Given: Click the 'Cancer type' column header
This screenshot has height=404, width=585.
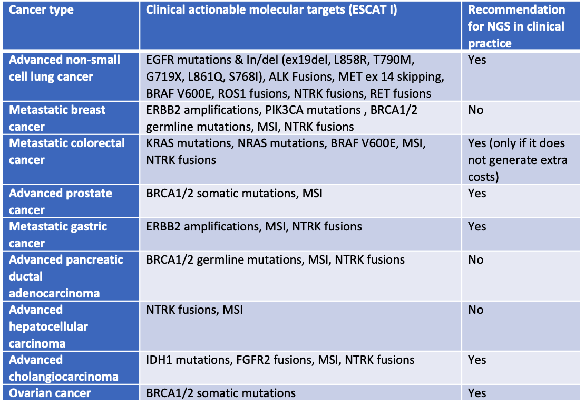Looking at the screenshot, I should (x=41, y=10).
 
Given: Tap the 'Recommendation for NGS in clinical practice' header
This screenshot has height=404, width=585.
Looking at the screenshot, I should (x=516, y=26).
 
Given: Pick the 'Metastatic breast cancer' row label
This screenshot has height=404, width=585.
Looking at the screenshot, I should (x=57, y=118).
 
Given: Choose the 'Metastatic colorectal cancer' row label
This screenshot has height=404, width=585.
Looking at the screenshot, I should (x=67, y=151).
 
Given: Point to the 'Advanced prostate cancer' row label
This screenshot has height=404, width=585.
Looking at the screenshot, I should (x=61, y=201).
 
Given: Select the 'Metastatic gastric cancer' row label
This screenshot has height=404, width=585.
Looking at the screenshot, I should (x=58, y=235).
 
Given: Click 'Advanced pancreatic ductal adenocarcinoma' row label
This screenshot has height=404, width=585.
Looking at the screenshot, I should (x=66, y=276).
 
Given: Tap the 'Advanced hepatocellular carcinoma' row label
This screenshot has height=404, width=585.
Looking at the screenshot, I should (x=48, y=326).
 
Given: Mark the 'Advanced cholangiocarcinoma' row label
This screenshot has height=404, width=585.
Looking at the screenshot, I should (x=63, y=368).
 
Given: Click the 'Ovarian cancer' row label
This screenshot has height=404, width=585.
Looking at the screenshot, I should (x=50, y=393).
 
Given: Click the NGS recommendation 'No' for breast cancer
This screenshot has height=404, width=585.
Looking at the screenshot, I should (x=476, y=110).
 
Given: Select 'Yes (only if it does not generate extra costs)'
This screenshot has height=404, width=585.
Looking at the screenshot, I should (x=516, y=160).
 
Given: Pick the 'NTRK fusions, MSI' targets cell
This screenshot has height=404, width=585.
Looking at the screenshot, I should (x=194, y=310).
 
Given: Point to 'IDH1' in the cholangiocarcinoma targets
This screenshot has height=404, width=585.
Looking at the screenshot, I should (x=159, y=360).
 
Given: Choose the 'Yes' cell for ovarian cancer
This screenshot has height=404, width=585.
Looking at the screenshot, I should (x=477, y=393).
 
